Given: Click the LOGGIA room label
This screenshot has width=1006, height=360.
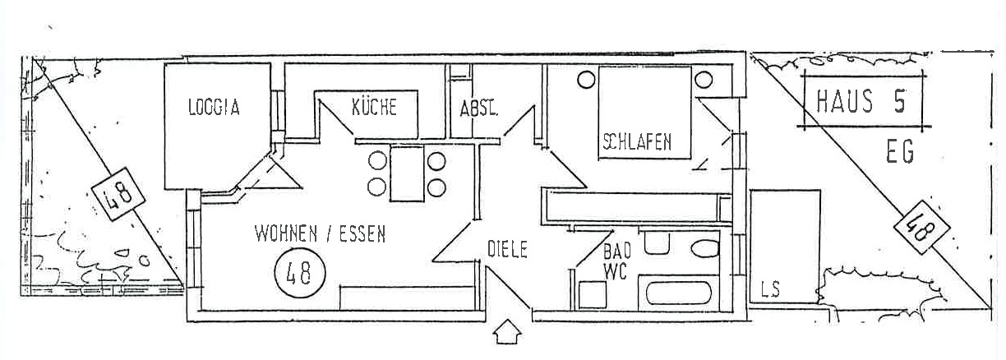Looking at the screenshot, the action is pos(214,108).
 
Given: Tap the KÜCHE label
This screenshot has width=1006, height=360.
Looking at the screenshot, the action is pos(374,107).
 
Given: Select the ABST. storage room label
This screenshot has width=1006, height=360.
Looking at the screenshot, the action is pos(478,108).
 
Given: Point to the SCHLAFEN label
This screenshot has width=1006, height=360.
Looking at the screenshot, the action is pos(637,141).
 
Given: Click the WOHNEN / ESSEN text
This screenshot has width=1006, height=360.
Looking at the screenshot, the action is pos(321,233).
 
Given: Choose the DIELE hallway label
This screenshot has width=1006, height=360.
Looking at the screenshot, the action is pos(507,249).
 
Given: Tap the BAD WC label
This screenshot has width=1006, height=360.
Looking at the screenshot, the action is pos(616,261).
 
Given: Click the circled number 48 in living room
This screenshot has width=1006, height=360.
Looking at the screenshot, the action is pos(299,273).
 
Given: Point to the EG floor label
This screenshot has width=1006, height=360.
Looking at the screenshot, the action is pos(900,151).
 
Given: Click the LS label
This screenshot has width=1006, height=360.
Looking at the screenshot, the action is pos(771,288).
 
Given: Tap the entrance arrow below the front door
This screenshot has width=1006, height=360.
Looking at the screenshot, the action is pos(507,331).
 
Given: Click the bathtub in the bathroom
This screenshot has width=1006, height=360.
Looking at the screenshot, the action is pos(679,293).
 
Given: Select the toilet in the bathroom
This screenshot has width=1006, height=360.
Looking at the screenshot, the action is pos(705,248).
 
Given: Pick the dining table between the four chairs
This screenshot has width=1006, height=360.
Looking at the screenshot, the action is pos(408,173).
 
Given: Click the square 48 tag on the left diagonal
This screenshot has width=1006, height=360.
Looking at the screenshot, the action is pos(118,194).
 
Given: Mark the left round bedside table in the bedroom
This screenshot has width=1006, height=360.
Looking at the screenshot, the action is pos(586,81).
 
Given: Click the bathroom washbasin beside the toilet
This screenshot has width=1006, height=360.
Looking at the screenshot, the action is pos(657,242).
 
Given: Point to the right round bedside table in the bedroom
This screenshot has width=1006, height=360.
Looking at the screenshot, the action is pos(704,80).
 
